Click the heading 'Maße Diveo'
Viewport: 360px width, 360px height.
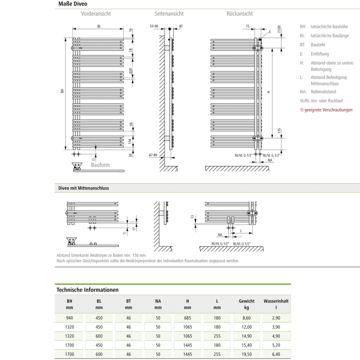tap(73, 4)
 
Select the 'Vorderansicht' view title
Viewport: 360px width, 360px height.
tap(96, 14)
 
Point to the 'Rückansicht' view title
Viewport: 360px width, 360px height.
tap(239, 14)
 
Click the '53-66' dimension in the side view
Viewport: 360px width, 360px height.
tap(154, 26)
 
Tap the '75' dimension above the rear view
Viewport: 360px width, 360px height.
tap(247, 26)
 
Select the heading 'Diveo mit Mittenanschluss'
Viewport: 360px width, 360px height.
tap(83, 188)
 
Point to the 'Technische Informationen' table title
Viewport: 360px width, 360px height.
tap(87, 290)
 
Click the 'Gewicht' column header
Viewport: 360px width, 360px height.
tap(246, 300)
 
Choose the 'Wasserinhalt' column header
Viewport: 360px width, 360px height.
tap(276, 300)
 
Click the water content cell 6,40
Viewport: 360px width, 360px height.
tap(276, 354)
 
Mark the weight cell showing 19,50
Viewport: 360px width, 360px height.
tap(246, 354)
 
